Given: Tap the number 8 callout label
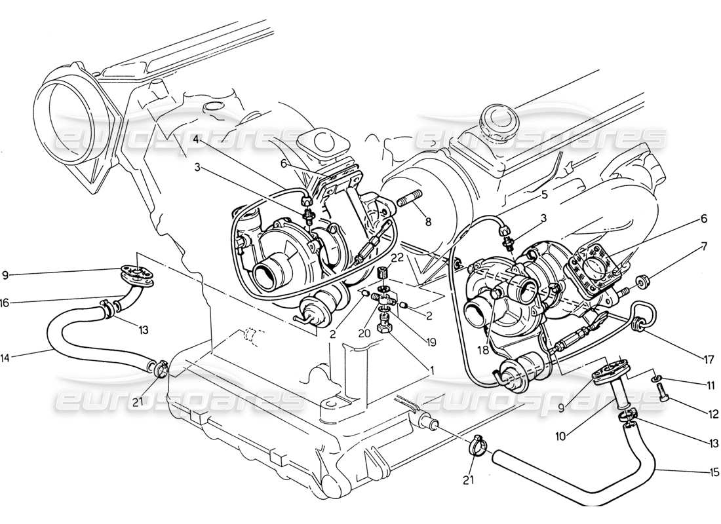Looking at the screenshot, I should (x=427, y=222).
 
